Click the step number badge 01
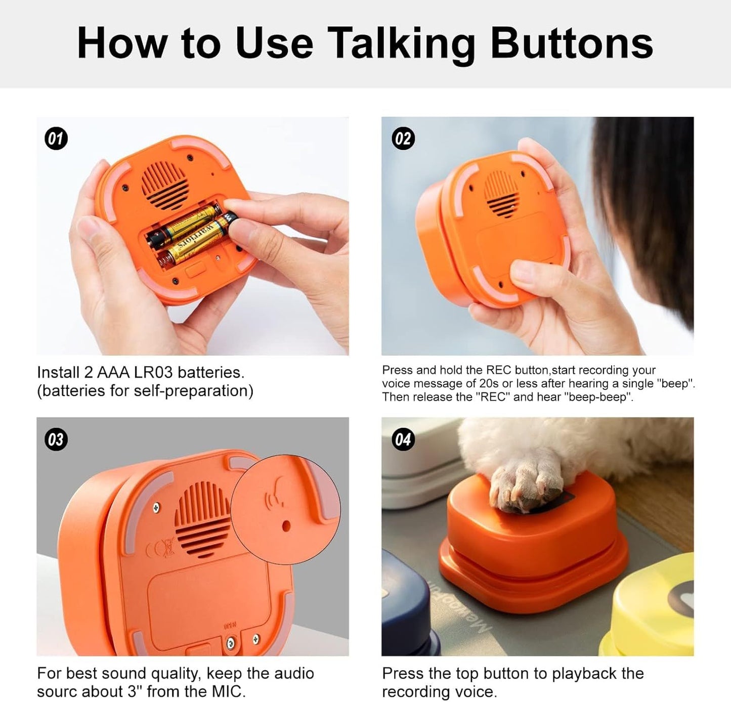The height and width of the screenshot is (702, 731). [56, 139]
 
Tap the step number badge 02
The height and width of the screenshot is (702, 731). [403, 139]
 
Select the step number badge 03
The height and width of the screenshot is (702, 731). [56, 439]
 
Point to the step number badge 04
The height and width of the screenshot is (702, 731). [403, 439]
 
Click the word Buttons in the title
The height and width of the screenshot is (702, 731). [572, 43]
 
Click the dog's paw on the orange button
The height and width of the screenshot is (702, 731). [526, 486]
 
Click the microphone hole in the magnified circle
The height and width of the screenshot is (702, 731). [286, 525]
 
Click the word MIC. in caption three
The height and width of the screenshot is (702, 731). [228, 691]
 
